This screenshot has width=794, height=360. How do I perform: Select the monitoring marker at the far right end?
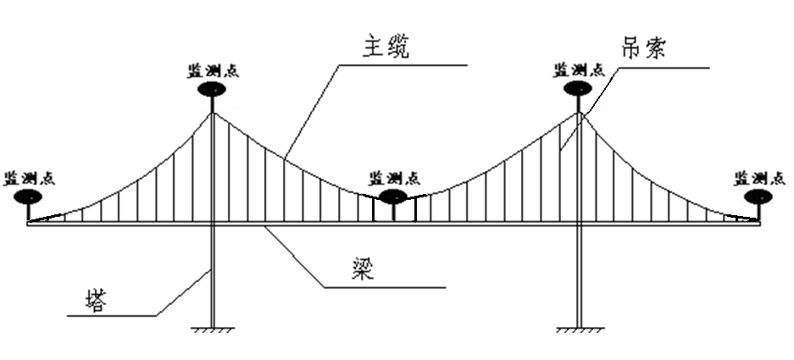point(758,197)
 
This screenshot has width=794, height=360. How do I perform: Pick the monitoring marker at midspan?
point(394,197)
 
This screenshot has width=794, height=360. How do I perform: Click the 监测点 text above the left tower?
point(214,69)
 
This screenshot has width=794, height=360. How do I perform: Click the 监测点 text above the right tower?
point(578,69)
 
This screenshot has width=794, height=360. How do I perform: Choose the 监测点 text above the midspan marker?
point(394,178)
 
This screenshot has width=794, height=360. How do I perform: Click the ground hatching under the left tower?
point(212,330)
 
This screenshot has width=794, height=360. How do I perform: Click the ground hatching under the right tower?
point(579,330)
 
